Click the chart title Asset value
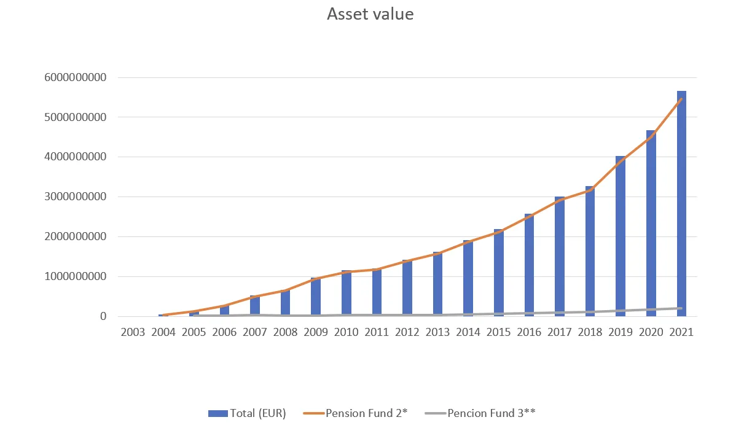coord(370,14)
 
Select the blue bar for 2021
coord(681,203)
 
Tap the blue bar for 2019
coord(621,236)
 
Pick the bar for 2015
coord(498,273)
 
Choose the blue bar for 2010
coord(346,294)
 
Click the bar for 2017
coord(560,257)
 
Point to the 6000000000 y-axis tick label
coord(75,77)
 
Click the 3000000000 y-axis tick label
coord(75,197)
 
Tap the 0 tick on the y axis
coord(103,316)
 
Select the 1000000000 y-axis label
coord(75,276)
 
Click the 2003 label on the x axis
coord(133,332)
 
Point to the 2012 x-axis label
coord(407,332)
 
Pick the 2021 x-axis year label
coord(681,332)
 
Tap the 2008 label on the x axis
coord(285,332)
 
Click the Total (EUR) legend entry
coord(247,413)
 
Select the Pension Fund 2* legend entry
coord(355,413)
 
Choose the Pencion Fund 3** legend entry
coord(480,413)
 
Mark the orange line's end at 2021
coord(681,99)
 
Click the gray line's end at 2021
coord(681,308)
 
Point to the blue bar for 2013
coord(437,284)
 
